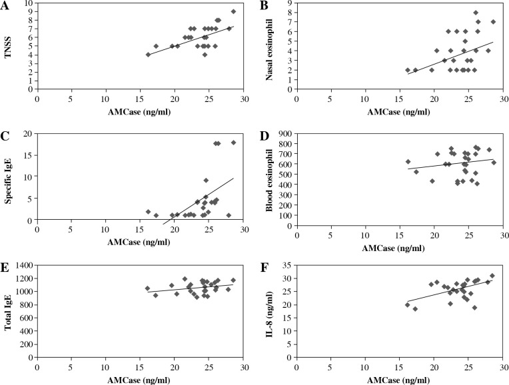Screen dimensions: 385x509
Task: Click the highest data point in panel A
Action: point(233,11)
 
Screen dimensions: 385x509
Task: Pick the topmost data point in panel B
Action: point(476,13)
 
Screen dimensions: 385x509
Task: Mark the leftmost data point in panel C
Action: point(148,212)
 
